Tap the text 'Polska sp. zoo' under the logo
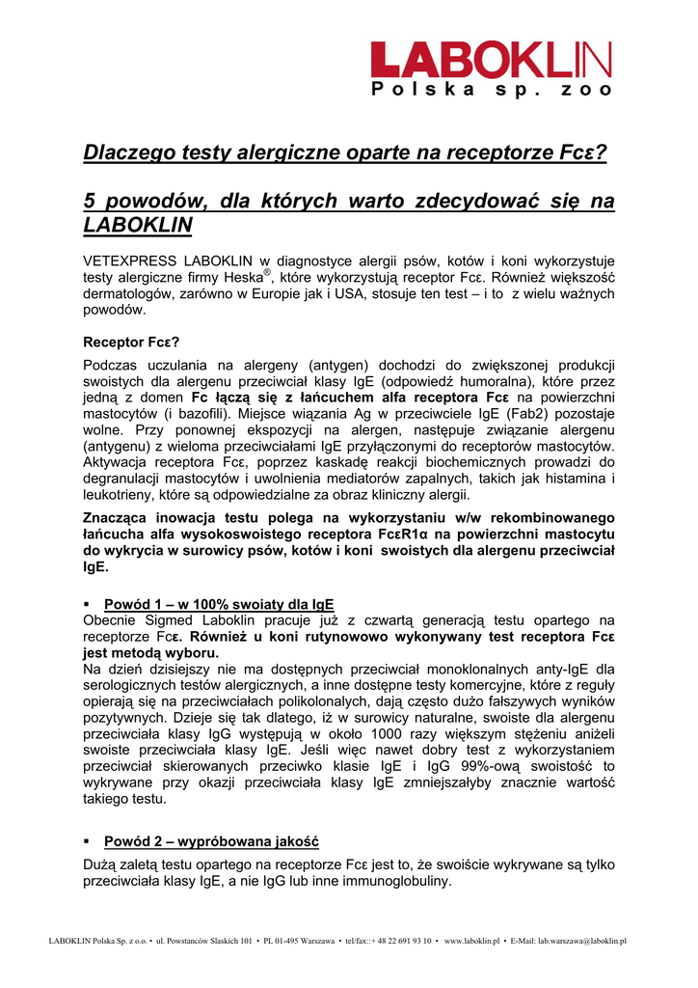point(492,90)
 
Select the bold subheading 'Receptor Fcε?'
point(131,342)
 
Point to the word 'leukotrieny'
point(118,495)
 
